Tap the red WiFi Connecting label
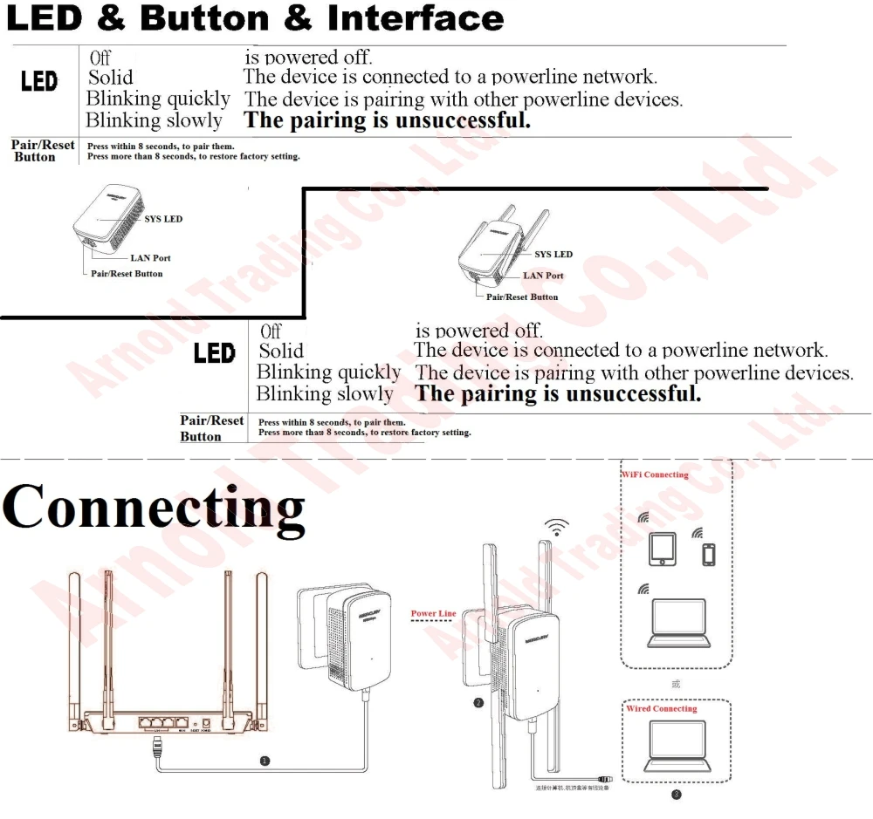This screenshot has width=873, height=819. (655, 474)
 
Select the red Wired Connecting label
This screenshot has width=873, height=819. (661, 709)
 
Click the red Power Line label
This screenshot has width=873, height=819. (433, 614)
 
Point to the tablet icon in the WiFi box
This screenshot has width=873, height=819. (663, 549)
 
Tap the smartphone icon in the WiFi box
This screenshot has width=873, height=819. (709, 554)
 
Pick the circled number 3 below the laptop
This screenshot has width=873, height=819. (676, 794)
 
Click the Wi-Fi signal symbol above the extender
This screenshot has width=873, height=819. (555, 527)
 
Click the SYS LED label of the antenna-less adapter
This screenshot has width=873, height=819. (162, 219)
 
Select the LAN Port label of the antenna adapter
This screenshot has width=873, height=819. (543, 276)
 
